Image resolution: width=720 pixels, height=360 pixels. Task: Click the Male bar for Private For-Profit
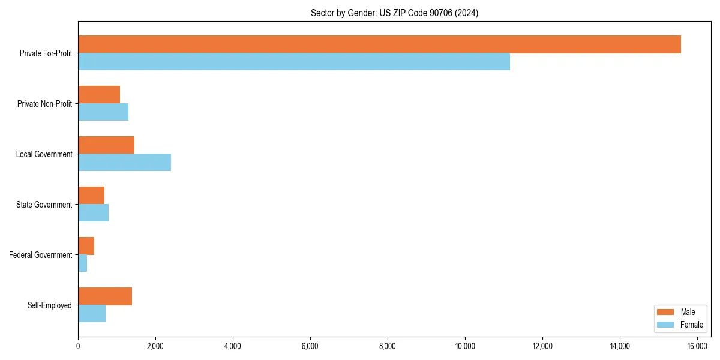coord(379,44)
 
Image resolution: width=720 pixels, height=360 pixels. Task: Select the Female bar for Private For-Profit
coord(294,62)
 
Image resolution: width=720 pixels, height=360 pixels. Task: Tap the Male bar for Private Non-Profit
coord(99,95)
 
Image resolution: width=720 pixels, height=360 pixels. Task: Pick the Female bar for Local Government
coord(124,163)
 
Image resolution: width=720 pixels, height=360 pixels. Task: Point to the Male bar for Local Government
coord(106,145)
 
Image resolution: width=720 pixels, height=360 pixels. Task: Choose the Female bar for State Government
coord(93,213)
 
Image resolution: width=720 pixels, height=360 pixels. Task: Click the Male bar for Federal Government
coord(86,246)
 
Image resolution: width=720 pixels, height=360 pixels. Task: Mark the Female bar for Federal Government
coord(82,263)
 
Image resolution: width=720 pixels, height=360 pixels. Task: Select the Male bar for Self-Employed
coord(105,296)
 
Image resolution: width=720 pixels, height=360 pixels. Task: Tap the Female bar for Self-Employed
coord(92,314)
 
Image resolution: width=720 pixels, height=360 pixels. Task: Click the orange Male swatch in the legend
coord(666,312)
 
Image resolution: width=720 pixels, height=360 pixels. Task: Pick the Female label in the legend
coord(691,325)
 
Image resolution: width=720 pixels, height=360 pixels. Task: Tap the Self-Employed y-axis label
coord(50,305)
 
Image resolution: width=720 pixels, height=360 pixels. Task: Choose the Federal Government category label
coord(41,255)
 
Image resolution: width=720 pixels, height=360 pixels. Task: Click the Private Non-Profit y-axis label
coord(44,104)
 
